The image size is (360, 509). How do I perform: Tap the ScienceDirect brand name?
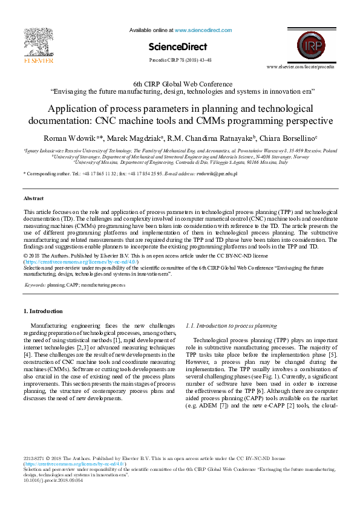(x=180, y=47)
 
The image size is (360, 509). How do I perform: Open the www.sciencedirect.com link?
(x=203, y=30)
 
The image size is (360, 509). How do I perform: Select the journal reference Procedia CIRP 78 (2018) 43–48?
(x=180, y=60)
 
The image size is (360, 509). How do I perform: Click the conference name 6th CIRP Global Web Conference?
(x=180, y=83)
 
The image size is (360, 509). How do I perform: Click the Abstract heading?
(x=33, y=198)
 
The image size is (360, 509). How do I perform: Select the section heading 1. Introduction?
(x=43, y=311)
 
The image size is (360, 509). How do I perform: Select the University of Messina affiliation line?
(x=180, y=162)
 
